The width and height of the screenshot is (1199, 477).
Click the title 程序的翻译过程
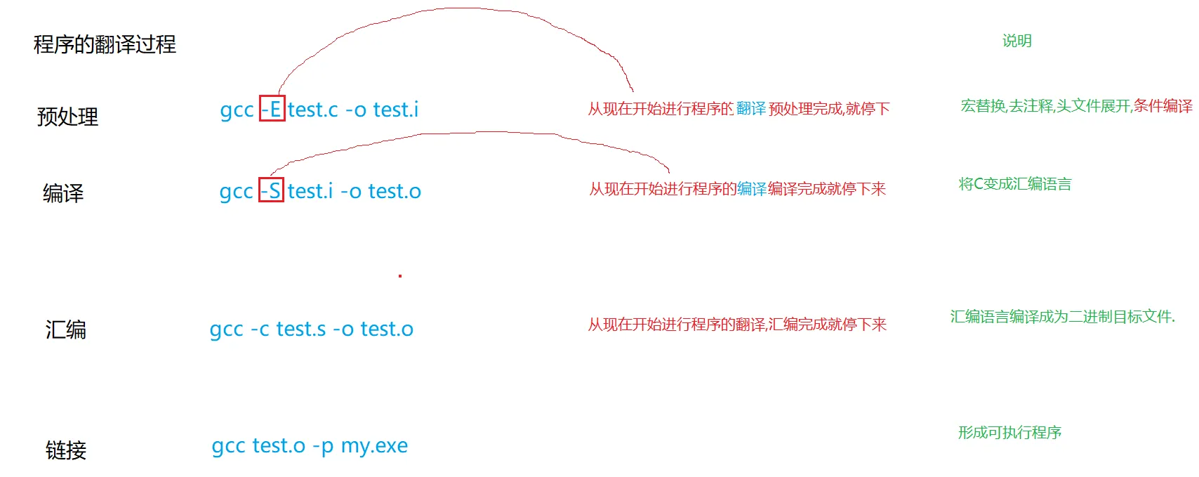coord(105,45)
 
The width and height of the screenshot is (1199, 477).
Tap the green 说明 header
coord(1016,41)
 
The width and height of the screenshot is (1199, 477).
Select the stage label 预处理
coord(67,117)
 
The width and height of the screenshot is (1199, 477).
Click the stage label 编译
coord(63,193)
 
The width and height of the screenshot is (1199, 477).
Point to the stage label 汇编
coord(65,329)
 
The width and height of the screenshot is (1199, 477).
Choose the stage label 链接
coord(65,450)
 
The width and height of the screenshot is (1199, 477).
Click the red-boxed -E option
coord(272,109)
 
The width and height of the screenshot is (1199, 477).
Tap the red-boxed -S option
coord(271,190)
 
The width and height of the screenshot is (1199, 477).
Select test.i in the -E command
coord(396,110)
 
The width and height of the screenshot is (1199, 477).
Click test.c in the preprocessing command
coord(313,110)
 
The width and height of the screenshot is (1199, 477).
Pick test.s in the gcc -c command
coord(301,329)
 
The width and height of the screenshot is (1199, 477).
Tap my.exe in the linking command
coord(374,446)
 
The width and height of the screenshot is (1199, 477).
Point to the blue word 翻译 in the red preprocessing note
coord(751,109)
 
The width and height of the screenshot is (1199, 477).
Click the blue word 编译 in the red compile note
coord(752,189)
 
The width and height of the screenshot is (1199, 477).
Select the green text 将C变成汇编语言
coord(1015,184)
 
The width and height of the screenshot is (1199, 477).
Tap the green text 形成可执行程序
coord(1009,433)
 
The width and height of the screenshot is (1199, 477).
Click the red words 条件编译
coord(1162,106)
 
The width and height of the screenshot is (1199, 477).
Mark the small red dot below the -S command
coord(400,276)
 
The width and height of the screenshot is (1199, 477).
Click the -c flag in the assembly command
coord(260,329)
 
